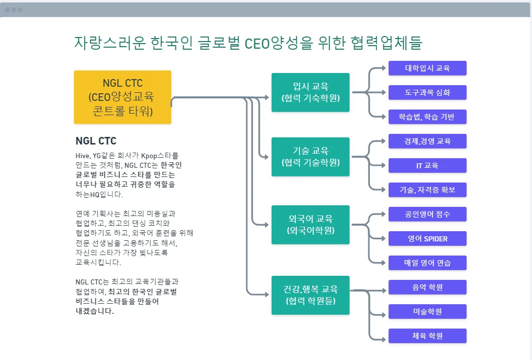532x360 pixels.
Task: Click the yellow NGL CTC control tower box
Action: click(123, 97)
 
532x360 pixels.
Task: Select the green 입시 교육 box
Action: click(311, 92)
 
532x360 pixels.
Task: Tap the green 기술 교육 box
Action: click(311, 157)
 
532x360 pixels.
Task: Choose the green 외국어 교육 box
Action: click(311, 225)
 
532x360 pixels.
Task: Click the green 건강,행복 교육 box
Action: click(311, 295)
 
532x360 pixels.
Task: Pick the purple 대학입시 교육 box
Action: click(427, 68)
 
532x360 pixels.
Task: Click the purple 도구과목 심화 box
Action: click(427, 93)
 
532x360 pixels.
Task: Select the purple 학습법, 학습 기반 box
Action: click(427, 117)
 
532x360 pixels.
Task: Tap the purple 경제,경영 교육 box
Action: click(427, 141)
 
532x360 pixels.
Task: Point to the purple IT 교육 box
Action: click(427, 166)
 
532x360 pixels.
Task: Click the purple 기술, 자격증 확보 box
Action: click(427, 190)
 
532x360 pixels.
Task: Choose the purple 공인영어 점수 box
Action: click(427, 214)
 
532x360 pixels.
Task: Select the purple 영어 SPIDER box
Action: click(427, 239)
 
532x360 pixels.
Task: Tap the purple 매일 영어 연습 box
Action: click(427, 263)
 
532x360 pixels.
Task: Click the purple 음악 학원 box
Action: click(427, 287)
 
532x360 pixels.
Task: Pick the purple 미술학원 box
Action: click(427, 311)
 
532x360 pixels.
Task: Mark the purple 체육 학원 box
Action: click(427, 336)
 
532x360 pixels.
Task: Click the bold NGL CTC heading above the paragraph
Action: click(96, 141)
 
